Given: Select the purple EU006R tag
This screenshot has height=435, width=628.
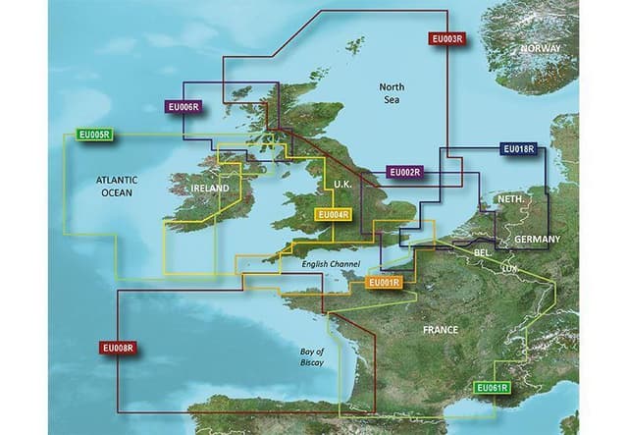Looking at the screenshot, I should click(x=183, y=107).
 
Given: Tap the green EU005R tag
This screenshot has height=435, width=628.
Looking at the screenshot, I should click(x=93, y=135).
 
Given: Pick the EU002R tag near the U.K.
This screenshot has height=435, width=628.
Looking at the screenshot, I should click(x=404, y=173).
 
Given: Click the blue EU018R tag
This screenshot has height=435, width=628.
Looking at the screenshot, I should click(x=518, y=149).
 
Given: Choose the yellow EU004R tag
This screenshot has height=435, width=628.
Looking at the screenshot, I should click(x=333, y=215).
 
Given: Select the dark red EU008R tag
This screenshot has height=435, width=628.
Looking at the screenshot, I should click(x=117, y=348).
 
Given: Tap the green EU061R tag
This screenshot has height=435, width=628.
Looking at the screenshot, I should click(x=492, y=388).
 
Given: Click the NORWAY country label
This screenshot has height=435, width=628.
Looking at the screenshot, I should click(x=541, y=49).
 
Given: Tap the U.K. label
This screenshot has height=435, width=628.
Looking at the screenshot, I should click(x=343, y=186).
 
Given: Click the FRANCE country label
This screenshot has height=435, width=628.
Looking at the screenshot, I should click(x=441, y=330).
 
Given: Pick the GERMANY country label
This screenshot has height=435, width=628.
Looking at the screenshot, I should click(x=537, y=240).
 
